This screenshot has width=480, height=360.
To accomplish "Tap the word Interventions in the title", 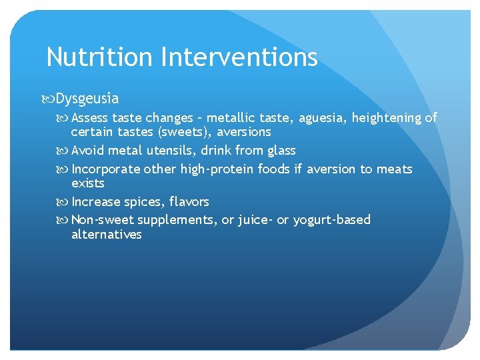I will pyautogui.click(x=239, y=57).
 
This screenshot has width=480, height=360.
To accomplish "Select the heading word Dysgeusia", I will pyautogui.click(x=87, y=99).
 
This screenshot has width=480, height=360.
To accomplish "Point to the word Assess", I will pyautogui.click(x=90, y=118).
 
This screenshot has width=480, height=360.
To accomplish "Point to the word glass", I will pyautogui.click(x=280, y=151).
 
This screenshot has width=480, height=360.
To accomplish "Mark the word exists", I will pyautogui.click(x=88, y=183).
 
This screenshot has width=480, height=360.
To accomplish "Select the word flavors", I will pyautogui.click(x=189, y=201).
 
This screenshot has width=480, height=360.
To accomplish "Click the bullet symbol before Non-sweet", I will pyautogui.click(x=65, y=220).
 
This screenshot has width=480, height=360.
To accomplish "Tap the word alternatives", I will pyautogui.click(x=107, y=235).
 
